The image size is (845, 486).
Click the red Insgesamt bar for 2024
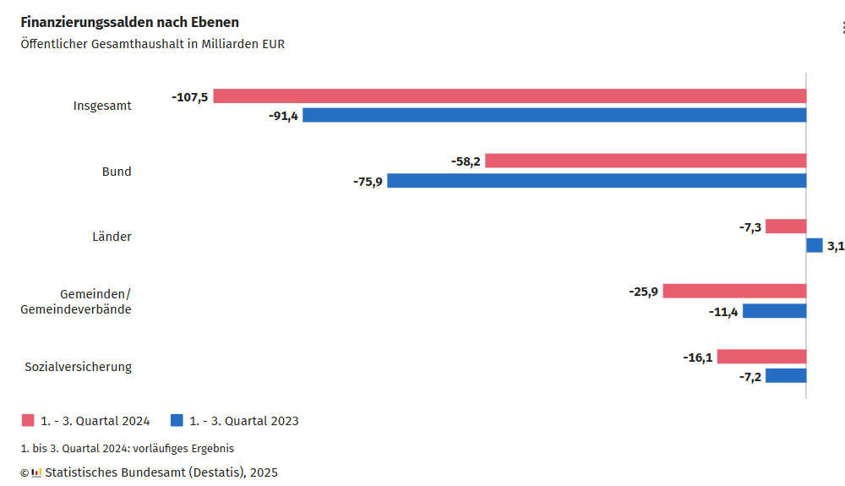point(510,96)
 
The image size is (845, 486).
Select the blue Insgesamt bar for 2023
point(554,115)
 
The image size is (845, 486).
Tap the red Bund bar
point(646,161)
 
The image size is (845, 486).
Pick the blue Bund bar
point(597,180)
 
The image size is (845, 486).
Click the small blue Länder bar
point(815,245)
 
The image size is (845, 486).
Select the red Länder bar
point(786,226)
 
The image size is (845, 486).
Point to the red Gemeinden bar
point(734,291)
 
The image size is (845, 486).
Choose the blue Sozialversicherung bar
point(786,375)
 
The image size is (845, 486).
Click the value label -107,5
point(189,96)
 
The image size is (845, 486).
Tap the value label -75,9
point(368,181)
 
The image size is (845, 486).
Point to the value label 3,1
point(835,246)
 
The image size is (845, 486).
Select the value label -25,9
point(643,292)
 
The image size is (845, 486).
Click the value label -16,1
point(698,357)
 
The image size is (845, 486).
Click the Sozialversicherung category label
point(78,366)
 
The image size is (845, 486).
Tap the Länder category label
point(112,237)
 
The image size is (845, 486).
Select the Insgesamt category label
point(102,106)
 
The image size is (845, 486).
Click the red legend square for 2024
point(27,420)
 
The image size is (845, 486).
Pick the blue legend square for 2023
point(177,420)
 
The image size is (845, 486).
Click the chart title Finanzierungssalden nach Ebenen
point(129,22)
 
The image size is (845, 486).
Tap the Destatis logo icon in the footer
point(36,472)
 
